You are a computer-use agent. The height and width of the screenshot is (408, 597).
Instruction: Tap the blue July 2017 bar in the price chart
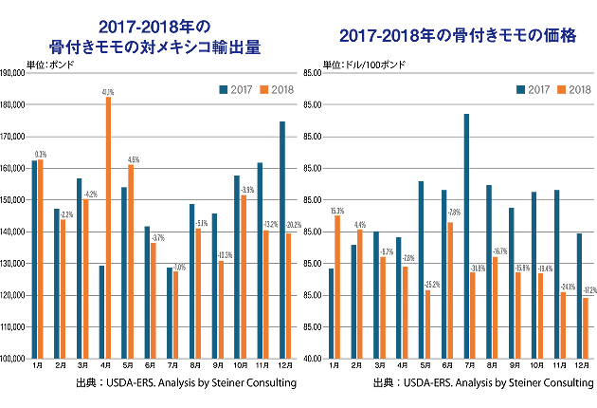pos(466,236)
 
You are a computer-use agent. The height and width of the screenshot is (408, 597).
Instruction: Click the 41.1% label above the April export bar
pos(108,92)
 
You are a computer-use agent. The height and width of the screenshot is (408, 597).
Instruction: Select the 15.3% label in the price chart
pos(337,210)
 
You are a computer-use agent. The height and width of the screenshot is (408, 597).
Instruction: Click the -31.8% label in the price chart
pos(474,268)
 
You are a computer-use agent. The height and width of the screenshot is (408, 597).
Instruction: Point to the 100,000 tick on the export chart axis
pos(13,359)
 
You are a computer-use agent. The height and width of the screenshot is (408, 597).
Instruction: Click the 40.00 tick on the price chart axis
pos(313,359)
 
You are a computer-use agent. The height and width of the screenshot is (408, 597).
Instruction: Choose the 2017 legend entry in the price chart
pos(534,89)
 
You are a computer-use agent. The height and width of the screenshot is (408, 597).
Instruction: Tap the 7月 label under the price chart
pos(470,366)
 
